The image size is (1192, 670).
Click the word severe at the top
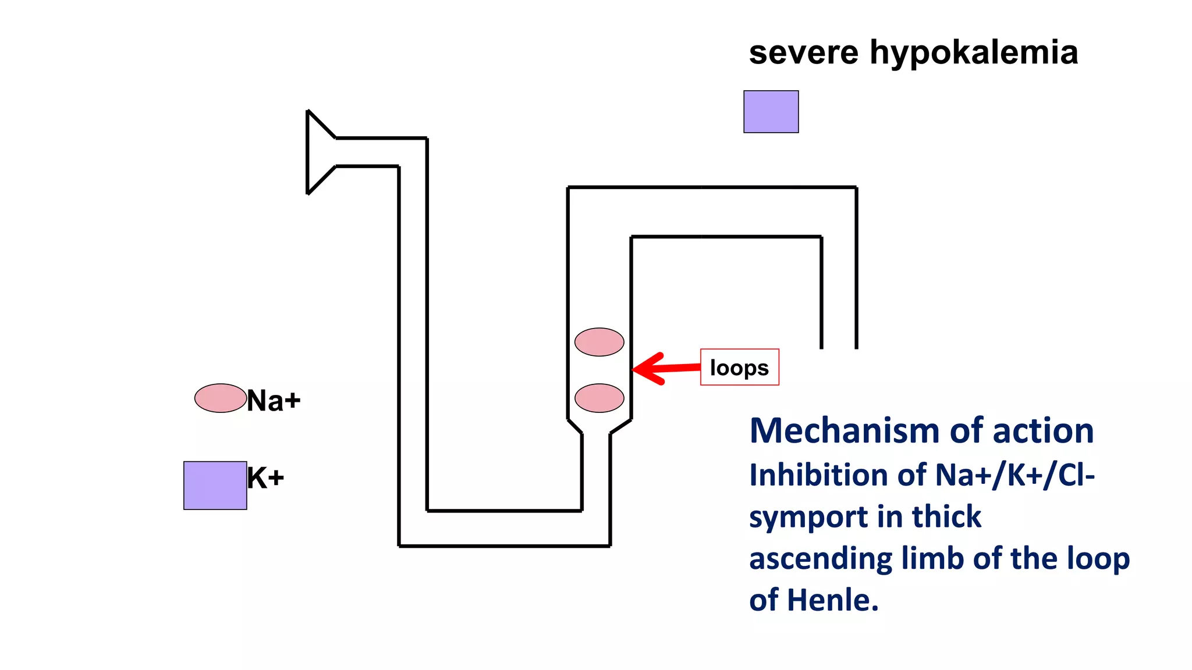(x=803, y=54)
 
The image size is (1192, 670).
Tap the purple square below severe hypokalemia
(x=771, y=112)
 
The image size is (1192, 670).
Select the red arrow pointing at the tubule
(x=664, y=368)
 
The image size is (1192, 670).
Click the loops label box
(x=739, y=368)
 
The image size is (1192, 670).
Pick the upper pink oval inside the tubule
(x=599, y=342)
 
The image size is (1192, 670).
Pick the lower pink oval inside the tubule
(x=599, y=398)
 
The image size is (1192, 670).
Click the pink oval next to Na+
(x=220, y=398)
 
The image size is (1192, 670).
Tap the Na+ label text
(x=274, y=401)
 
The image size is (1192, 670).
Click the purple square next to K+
(x=215, y=486)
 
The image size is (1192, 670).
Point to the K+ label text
(x=265, y=479)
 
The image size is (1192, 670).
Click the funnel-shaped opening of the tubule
(x=319, y=152)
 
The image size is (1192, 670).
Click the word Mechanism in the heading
(x=845, y=432)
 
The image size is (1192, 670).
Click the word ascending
(x=820, y=559)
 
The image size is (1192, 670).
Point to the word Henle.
(x=832, y=600)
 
